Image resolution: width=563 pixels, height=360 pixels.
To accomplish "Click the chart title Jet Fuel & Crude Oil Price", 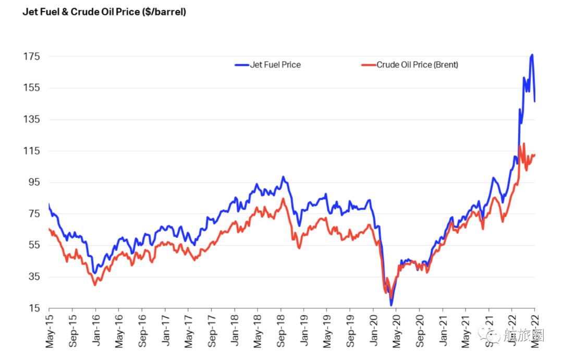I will point(104,12).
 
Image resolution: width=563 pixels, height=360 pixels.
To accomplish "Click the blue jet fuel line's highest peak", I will point(532,55).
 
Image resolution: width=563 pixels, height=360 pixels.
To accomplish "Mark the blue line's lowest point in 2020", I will point(391,305).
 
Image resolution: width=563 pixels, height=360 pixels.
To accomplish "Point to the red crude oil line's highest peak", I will point(523,144).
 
